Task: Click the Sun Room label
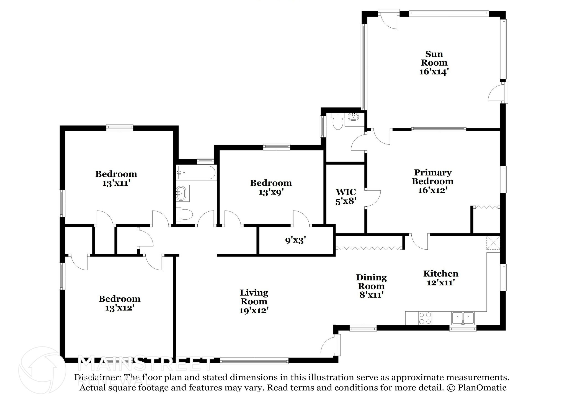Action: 434,58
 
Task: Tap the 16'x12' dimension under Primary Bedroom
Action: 433,190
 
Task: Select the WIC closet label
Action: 346,192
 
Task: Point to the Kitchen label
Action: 441,274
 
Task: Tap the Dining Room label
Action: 371,282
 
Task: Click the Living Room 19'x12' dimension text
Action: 254,310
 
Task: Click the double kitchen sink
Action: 463,318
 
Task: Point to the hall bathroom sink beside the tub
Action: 182,193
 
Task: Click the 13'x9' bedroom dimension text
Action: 271,192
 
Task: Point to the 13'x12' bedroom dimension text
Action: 120,308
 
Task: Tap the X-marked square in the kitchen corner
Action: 493,243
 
